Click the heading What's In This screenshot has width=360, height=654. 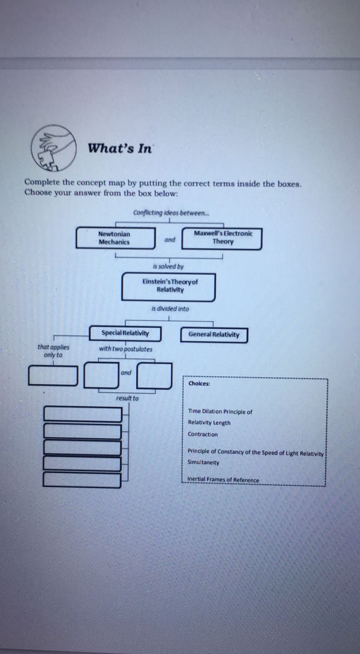coord(120,148)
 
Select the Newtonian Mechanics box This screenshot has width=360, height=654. coord(116,238)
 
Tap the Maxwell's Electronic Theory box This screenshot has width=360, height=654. coord(222,238)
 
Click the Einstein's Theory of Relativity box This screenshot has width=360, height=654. coord(169,287)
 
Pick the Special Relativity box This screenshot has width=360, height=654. coord(125,333)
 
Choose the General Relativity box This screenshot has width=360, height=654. coord(214,335)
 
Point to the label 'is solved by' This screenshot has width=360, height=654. coord(168,267)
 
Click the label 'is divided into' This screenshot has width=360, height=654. coord(170,309)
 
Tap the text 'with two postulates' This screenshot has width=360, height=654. coord(126,349)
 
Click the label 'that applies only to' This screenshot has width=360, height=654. coord(53,351)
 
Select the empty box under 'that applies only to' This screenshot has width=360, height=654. coord(53,376)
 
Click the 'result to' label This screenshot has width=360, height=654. coord(127,398)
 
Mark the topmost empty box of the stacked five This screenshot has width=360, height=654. coord(82,414)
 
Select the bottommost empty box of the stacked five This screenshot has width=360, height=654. coord(82,480)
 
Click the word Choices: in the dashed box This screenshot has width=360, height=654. coord(199,384)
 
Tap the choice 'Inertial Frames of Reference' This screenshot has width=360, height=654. coord(223,480)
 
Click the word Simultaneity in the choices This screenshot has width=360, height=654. coord(203,463)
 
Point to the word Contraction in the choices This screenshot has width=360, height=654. coord(202,434)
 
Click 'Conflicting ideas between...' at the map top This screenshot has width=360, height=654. coord(171,213)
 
